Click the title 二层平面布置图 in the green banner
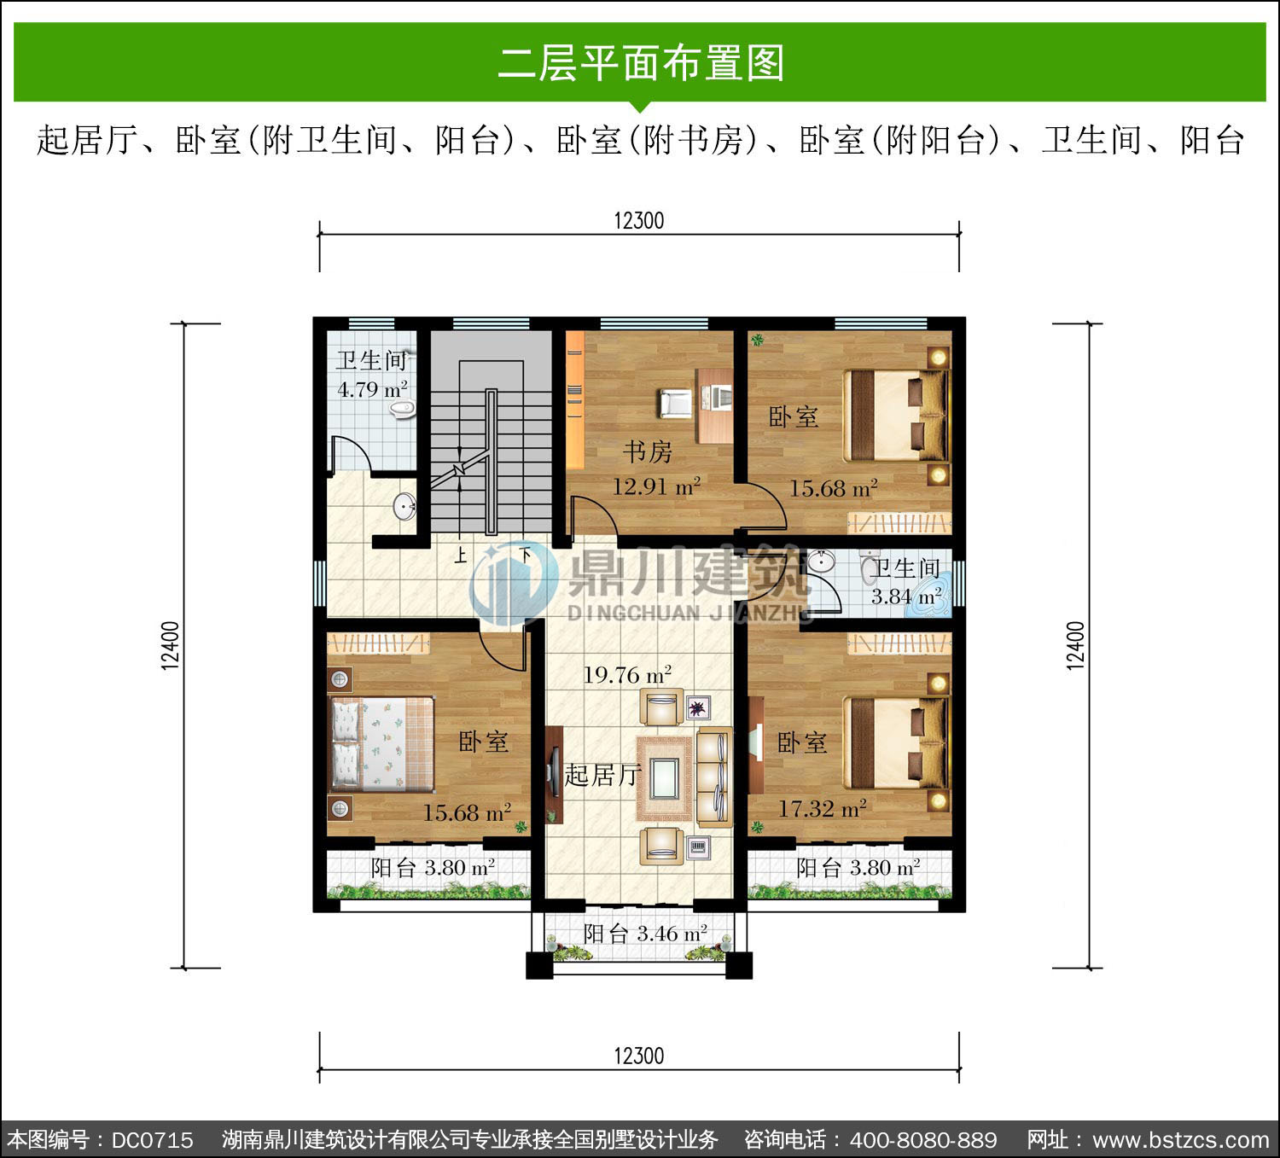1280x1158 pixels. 640,63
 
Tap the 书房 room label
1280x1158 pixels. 648,452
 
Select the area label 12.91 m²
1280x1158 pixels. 656,486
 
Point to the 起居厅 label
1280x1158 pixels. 602,775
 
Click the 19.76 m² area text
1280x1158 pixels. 627,674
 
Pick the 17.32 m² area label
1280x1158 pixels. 822,809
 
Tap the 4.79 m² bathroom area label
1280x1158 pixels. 372,389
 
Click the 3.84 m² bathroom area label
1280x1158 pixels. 906,596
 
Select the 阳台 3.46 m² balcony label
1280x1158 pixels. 645,934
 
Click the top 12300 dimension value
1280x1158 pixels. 639,221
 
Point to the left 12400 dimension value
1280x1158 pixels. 170,645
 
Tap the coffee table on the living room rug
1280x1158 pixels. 664,779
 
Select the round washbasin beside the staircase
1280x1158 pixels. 404,507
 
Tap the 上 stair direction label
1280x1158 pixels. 461,556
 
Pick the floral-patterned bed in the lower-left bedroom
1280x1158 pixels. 381,744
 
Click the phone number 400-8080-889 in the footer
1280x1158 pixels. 923,1139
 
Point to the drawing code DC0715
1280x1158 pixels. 152,1139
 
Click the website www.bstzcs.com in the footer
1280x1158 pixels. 1181,1139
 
